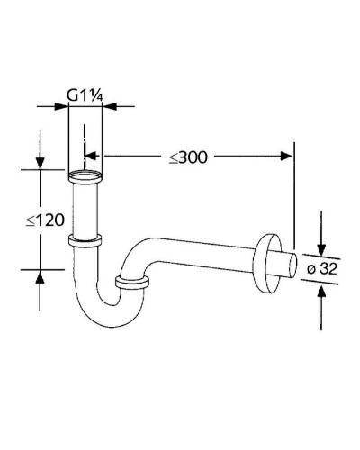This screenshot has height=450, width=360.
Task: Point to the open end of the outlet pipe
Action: click(293, 267)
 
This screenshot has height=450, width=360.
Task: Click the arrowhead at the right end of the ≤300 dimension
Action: click(288, 157)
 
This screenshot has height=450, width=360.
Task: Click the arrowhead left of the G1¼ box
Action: click(64, 106)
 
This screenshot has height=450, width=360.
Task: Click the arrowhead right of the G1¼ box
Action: click(109, 106)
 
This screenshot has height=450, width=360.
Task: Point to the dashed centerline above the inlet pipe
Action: click(85, 144)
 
